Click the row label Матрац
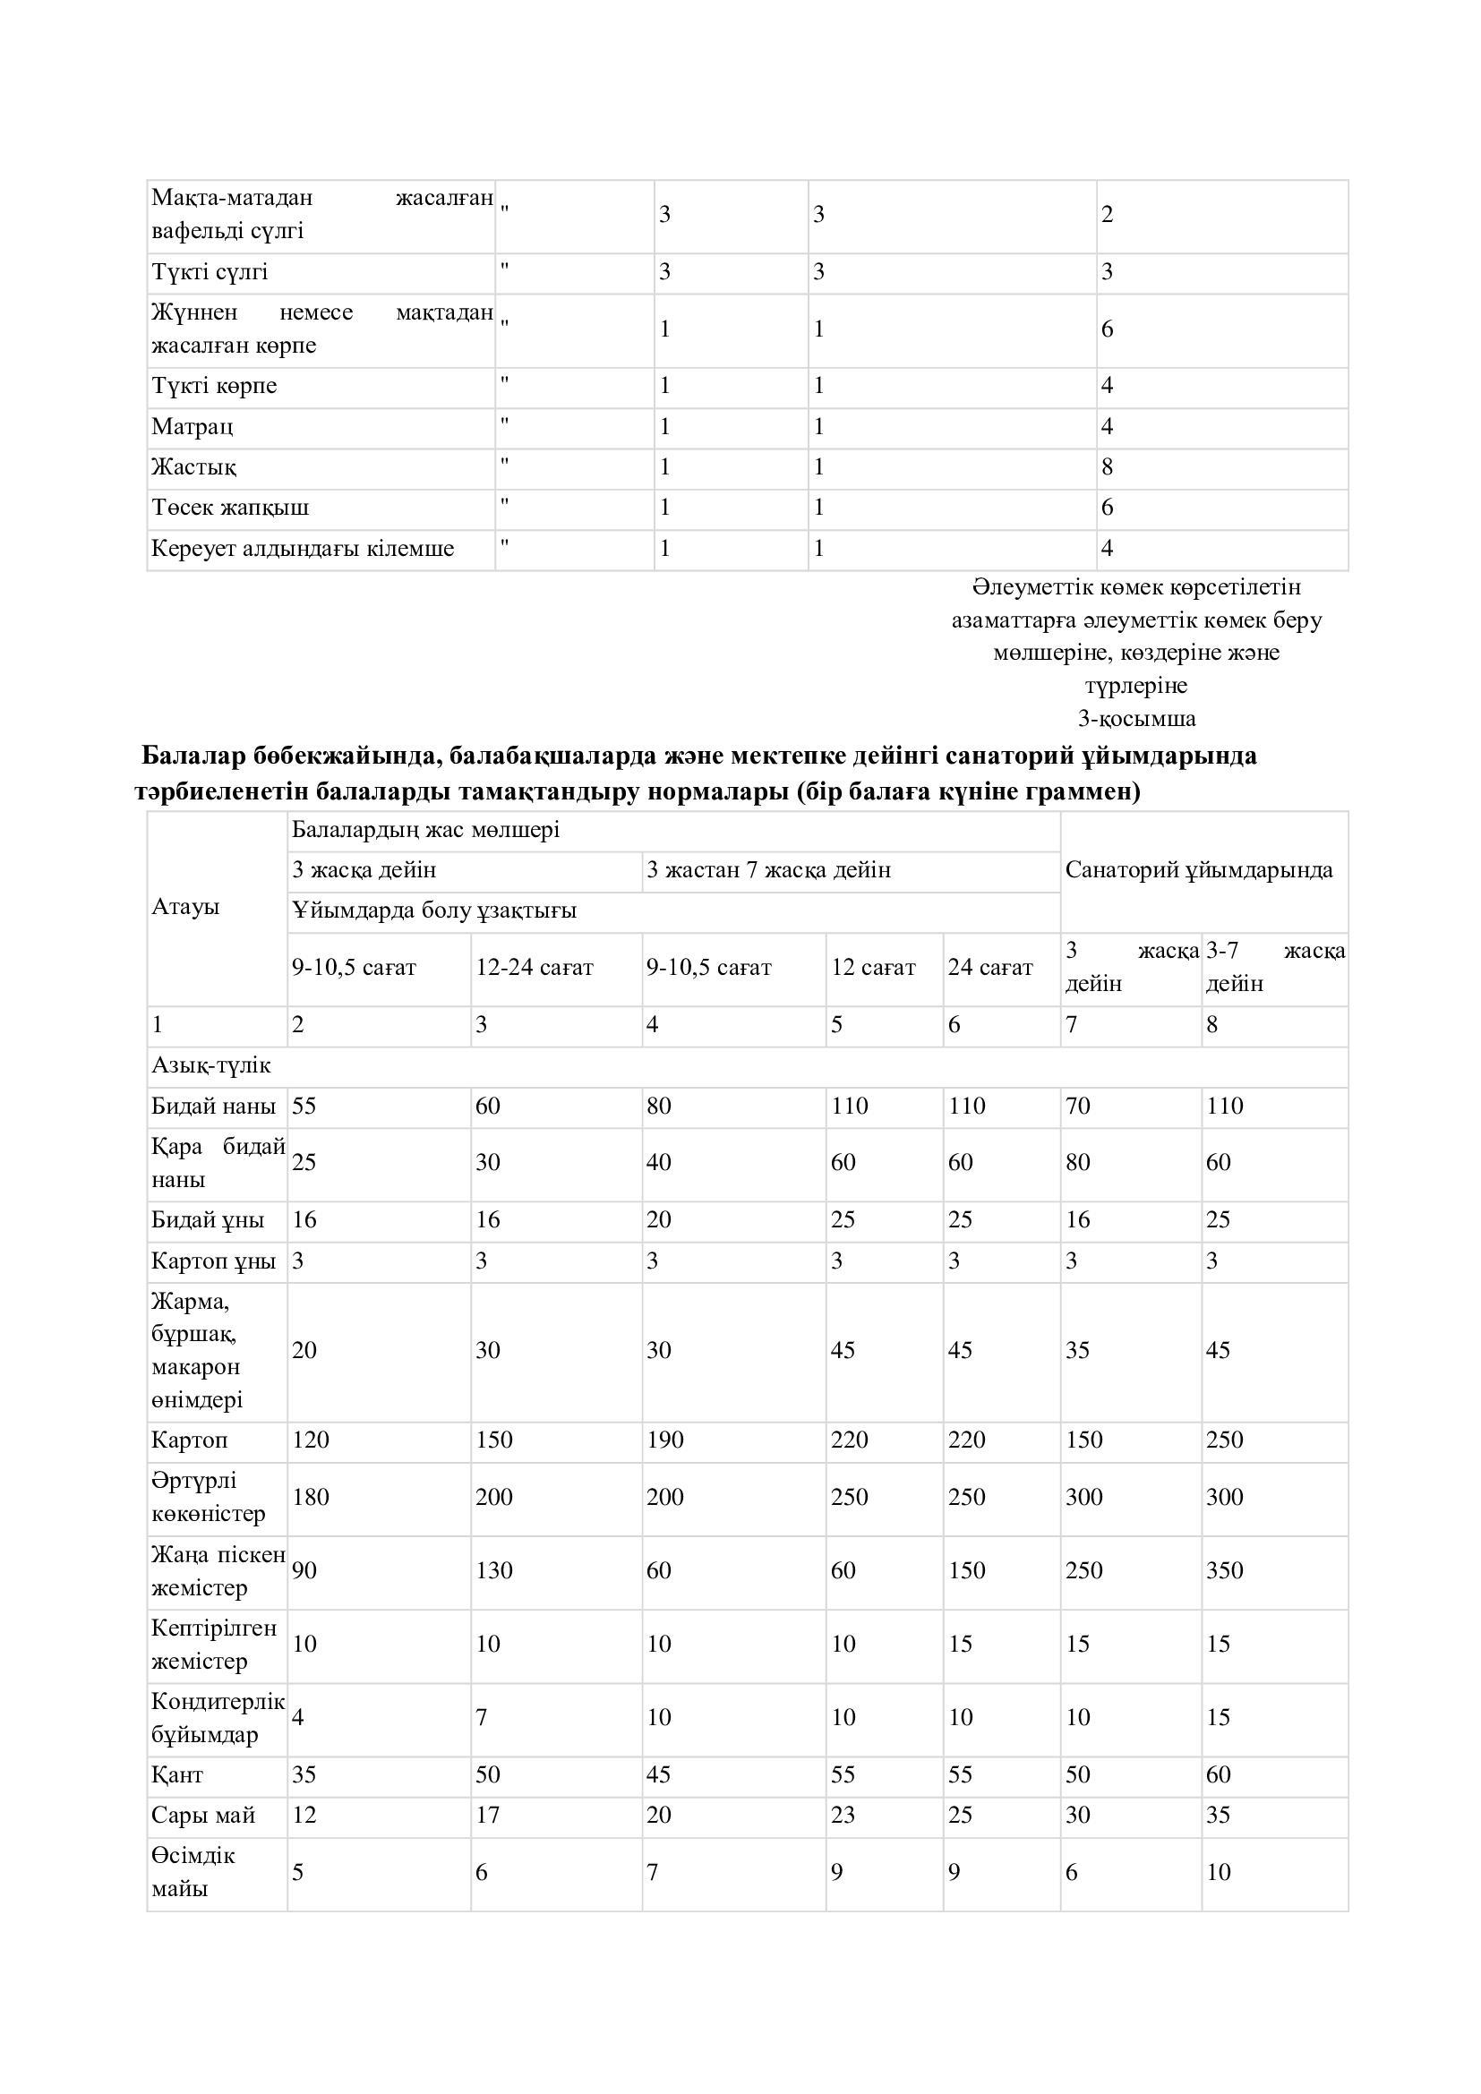193,427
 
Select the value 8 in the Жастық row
1107,468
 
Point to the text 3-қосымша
1136,719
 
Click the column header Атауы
186,908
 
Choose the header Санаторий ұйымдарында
1198,870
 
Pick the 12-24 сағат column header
535,968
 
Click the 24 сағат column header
990,968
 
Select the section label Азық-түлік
211,1065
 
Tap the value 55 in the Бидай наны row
304,1107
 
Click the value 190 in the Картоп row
664,1440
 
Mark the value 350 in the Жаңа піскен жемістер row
1224,1570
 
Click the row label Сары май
203,1815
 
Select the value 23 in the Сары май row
843,1815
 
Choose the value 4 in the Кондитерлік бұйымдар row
298,1717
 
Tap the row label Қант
178,1774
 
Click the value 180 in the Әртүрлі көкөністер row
311,1497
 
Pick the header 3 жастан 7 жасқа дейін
769,870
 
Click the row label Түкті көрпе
214,387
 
